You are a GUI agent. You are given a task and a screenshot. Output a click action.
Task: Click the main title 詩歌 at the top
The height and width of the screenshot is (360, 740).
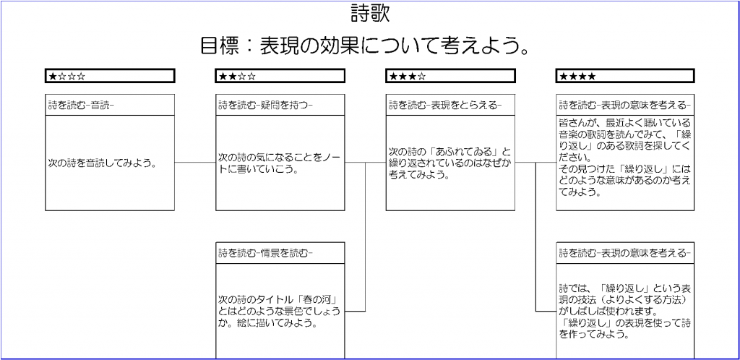370,13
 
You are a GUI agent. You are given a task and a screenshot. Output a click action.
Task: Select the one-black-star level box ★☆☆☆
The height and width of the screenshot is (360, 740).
110,75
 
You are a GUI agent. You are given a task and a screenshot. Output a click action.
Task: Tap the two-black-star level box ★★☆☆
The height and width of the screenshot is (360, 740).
280,75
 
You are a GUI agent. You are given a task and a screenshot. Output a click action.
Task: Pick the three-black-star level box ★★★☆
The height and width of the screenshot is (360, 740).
451,75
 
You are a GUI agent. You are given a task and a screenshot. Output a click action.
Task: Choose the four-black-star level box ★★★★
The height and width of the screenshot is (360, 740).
625,75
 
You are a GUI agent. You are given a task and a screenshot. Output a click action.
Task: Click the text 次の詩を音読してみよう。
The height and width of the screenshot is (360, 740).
102,163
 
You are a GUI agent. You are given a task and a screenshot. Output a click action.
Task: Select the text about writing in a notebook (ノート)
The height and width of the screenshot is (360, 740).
280,163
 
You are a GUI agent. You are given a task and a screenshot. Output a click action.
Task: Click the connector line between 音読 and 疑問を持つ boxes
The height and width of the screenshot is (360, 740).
195,163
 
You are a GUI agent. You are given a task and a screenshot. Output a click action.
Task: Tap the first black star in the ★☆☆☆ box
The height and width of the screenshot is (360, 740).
52,76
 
